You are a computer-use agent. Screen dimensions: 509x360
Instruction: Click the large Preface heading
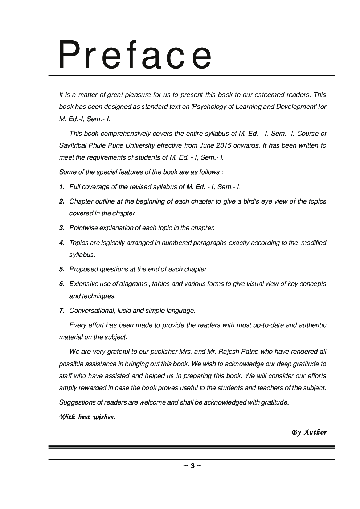click(135, 56)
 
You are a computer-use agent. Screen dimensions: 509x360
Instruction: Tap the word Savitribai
click(74, 145)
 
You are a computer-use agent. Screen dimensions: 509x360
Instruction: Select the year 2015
click(223, 145)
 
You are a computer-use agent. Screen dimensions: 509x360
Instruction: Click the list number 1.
click(62, 187)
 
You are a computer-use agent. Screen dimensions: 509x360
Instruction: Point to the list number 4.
click(62, 243)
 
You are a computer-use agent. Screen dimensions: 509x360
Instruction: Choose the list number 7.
click(62, 311)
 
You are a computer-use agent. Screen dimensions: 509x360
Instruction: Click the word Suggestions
click(77, 402)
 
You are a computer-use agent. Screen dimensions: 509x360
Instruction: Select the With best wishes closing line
click(87, 417)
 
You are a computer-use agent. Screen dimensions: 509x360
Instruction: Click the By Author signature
click(309, 432)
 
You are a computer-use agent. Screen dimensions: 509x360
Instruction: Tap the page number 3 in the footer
click(192, 466)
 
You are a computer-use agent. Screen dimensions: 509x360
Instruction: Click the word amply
click(67, 388)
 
